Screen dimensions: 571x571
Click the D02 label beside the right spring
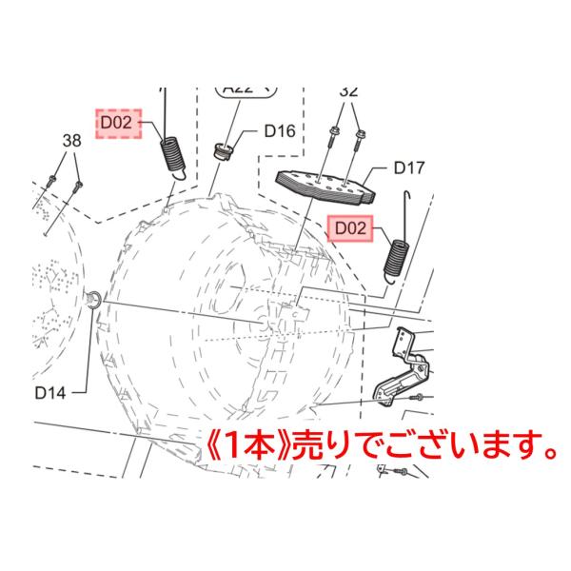tap(347, 229)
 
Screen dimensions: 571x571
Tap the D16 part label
tap(279, 131)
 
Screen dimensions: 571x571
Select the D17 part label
tap(408, 168)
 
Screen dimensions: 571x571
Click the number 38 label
tap(71, 140)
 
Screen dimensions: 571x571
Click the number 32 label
tap(348, 91)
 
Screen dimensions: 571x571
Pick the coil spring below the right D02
tap(396, 256)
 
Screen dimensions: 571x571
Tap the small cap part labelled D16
tap(221, 149)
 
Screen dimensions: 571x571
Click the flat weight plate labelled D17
tap(325, 187)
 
